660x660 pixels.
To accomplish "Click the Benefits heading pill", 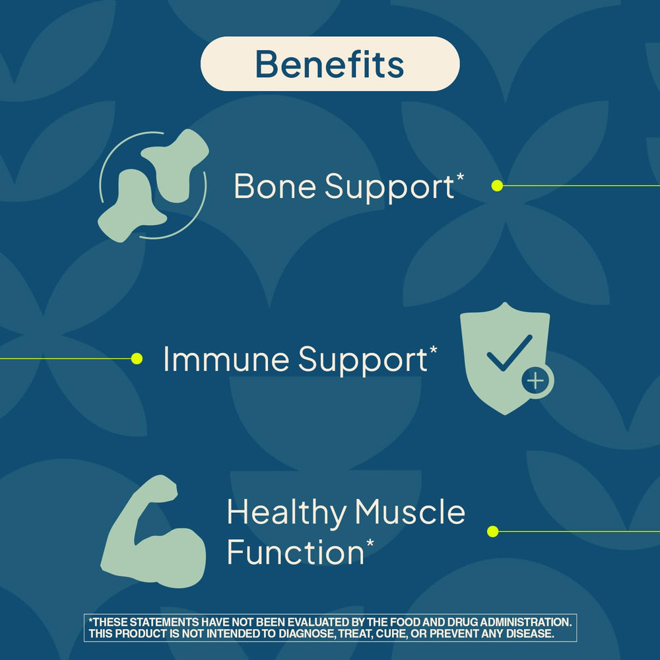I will (x=329, y=64).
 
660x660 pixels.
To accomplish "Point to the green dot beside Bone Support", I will (x=498, y=186).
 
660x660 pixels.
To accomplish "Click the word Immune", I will (x=225, y=360).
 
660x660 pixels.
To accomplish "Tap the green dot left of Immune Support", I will (x=137, y=359).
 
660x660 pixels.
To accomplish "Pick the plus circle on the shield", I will (x=535, y=381).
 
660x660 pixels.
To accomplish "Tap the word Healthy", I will (x=286, y=513).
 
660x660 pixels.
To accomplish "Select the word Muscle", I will (x=411, y=513).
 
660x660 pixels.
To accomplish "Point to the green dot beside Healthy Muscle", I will (x=492, y=531).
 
